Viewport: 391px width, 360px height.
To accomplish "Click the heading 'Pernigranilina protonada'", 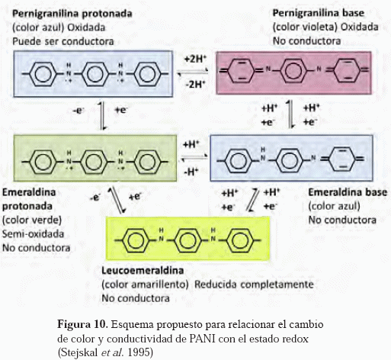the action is pyautogui.click(x=72, y=14).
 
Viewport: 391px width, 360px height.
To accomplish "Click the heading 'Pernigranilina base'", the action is pyautogui.click(x=319, y=13).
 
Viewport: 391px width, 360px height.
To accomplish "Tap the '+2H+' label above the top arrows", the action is pyautogui.click(x=195, y=59).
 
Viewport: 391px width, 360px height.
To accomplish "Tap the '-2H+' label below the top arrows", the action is pyautogui.click(x=195, y=84).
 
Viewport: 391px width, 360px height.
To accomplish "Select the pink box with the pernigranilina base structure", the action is pyautogui.click(x=293, y=73).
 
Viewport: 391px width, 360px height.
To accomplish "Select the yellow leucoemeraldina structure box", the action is pyautogui.click(x=187, y=238).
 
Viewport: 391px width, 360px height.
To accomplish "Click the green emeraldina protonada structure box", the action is pyautogui.click(x=95, y=158).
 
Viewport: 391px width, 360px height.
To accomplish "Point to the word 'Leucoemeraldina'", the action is pyautogui.click(x=143, y=271).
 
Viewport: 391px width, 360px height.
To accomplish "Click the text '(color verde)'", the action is pyautogui.click(x=32, y=220).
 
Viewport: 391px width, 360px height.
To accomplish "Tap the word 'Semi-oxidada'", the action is pyautogui.click(x=33, y=234).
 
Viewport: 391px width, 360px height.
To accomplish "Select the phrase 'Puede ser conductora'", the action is pyautogui.click(x=63, y=41).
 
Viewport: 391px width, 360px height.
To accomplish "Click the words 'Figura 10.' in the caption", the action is pyautogui.click(x=82, y=324).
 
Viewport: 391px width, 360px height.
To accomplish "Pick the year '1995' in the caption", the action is pyautogui.click(x=140, y=352).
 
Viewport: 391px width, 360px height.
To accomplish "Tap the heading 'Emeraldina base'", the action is pyautogui.click(x=348, y=192).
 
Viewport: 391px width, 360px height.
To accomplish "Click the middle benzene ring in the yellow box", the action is pyautogui.click(x=188, y=240).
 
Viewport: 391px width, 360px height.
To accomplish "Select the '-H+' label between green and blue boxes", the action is pyautogui.click(x=191, y=172).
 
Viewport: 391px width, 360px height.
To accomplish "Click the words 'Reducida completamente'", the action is pyautogui.click(x=254, y=284).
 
